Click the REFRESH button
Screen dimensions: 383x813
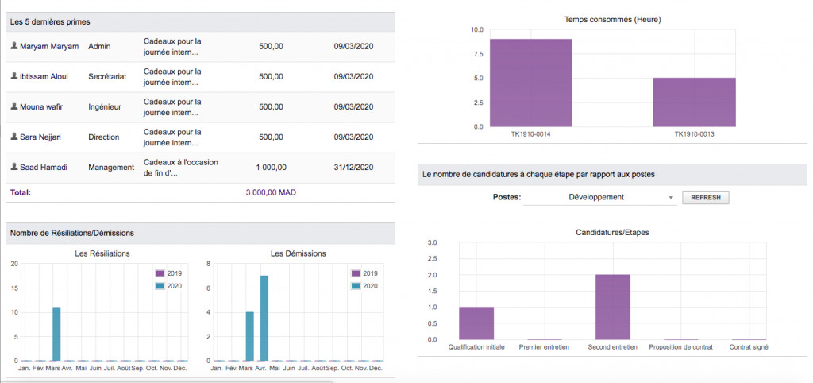coord(705,197)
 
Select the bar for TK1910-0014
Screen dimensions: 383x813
coord(530,83)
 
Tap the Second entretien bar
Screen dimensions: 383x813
coord(612,307)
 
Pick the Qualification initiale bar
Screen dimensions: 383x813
coord(476,323)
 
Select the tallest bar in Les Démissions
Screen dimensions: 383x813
coord(264,318)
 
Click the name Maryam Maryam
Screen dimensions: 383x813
coord(49,46)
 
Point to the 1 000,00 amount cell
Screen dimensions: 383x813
coord(272,167)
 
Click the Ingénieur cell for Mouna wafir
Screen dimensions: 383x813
coord(104,106)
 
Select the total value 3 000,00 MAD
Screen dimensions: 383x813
coord(271,192)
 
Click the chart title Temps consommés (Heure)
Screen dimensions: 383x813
coord(612,19)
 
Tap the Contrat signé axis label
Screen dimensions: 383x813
coord(749,347)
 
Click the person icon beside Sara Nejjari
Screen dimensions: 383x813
coord(13,137)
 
